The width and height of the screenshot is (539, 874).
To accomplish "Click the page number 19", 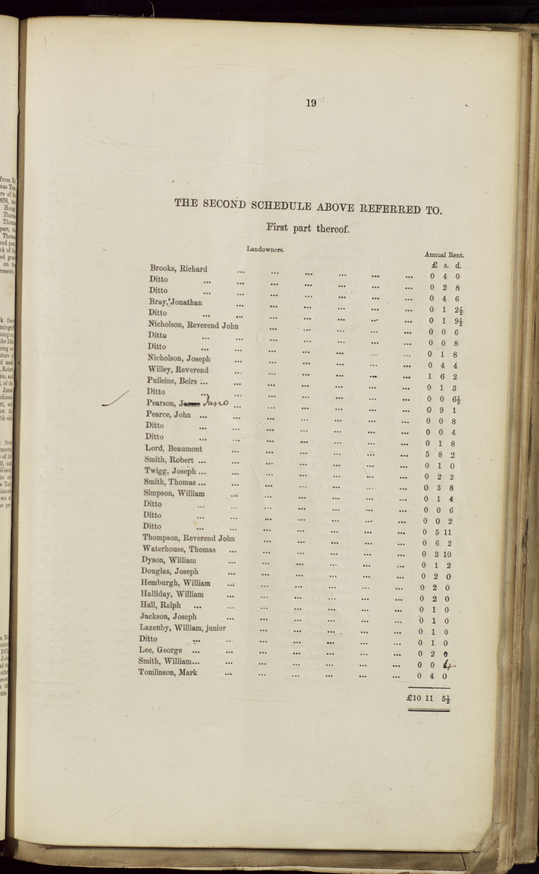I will [311, 103].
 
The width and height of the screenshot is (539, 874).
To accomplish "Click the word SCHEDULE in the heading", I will [281, 206].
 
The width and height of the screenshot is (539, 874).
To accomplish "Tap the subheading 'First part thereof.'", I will [308, 228].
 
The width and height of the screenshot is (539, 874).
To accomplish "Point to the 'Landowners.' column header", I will [265, 249].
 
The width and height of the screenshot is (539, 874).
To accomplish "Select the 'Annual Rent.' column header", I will [444, 255].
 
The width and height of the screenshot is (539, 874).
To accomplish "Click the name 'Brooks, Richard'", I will [178, 269].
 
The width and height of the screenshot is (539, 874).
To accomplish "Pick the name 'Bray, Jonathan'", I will [175, 302].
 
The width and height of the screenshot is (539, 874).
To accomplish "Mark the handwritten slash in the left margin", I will [115, 399].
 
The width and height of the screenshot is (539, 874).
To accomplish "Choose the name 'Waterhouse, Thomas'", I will [179, 549].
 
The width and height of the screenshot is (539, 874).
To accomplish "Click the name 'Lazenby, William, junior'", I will [183, 628].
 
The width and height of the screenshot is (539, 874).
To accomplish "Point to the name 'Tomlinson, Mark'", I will [168, 672].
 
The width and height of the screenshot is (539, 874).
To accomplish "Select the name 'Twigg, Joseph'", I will [170, 471].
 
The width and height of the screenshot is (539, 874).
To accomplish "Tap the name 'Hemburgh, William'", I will [175, 583].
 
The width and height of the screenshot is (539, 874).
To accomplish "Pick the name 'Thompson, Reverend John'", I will [189, 538].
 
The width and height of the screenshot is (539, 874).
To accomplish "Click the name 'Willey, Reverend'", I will [178, 370].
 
